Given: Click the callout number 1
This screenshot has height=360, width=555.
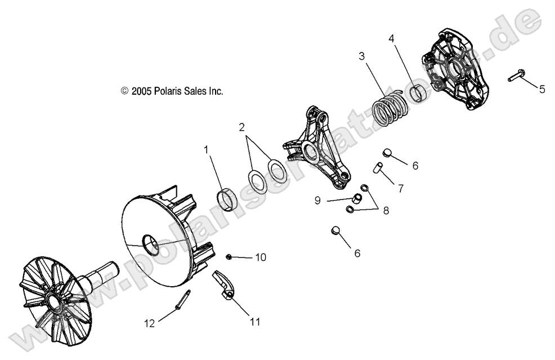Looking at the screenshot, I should coord(206,150).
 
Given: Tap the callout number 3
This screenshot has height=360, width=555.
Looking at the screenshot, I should coord(362,56).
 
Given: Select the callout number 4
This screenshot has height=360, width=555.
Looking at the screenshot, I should coord(392,39).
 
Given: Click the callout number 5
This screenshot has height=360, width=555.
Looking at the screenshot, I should coord(542,88).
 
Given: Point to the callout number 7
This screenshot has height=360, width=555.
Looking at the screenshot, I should coord(401,189).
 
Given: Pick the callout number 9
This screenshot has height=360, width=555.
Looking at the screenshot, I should coord(317,200).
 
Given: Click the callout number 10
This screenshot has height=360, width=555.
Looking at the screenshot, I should coord(260,257).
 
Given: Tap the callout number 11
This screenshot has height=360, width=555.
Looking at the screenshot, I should coord(254,322).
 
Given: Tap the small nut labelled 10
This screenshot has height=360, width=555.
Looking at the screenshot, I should coord(230,257).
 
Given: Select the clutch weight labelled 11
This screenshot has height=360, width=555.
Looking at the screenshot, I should coord(225,285).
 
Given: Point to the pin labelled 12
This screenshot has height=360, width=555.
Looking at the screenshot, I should coord(182,299).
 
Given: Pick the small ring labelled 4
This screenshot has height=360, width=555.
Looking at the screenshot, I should coord(418,92).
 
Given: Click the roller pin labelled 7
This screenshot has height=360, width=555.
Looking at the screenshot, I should coord(379,167).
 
